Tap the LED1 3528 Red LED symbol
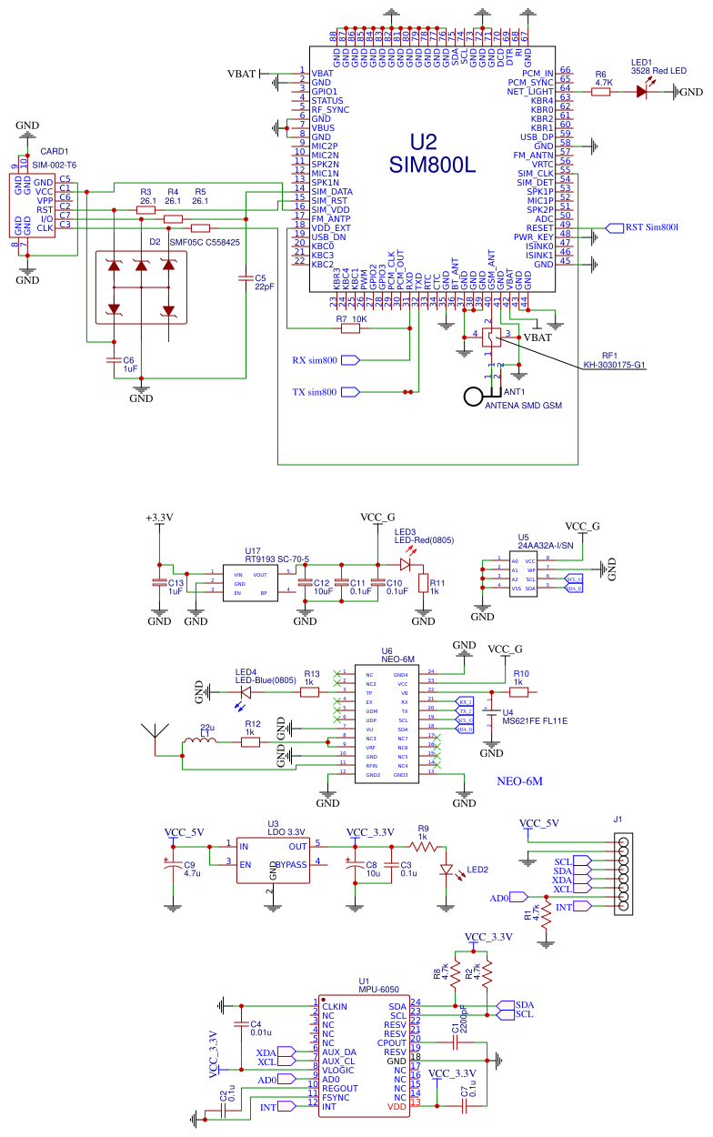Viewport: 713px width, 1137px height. pyautogui.click(x=647, y=91)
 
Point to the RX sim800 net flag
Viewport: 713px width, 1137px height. pyautogui.click(x=349, y=360)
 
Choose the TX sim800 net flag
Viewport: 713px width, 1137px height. pyautogui.click(x=349, y=393)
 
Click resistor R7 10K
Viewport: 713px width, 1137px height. pyautogui.click(x=350, y=329)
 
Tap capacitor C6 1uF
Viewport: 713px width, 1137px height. pyautogui.click(x=114, y=361)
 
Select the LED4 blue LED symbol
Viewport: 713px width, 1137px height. pyautogui.click(x=243, y=692)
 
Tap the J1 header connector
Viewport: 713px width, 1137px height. pyautogui.click(x=623, y=874)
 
